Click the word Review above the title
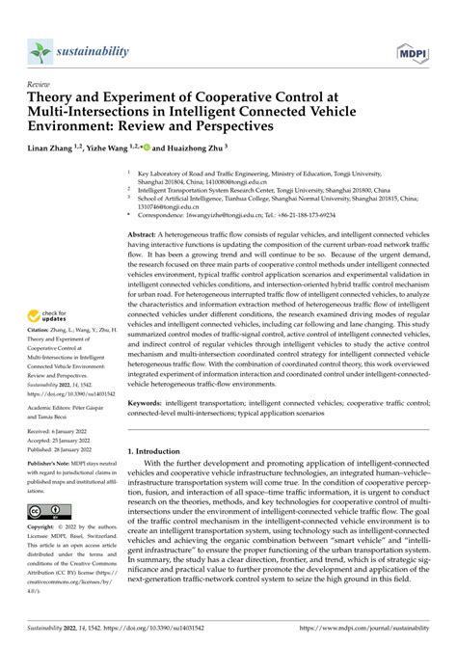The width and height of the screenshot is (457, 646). coord(41,85)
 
